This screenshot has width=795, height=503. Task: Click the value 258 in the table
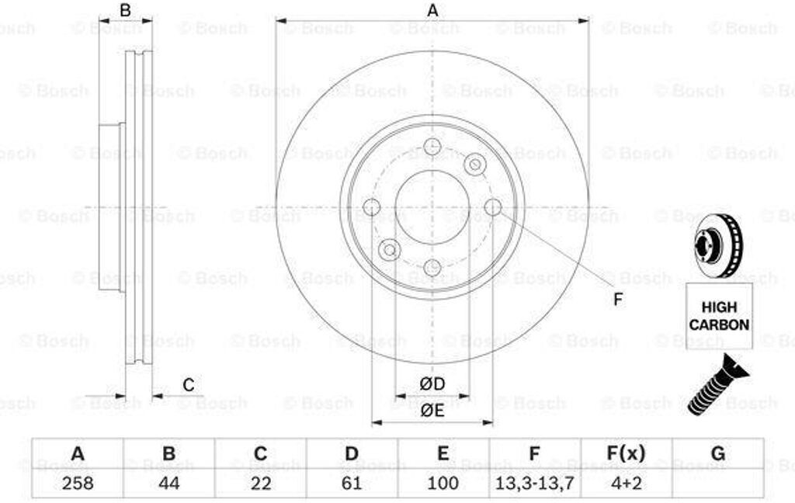[78, 483]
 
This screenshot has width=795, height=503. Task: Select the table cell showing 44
[168, 483]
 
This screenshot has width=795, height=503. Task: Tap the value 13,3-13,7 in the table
[534, 483]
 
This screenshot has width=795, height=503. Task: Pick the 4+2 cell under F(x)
[627, 483]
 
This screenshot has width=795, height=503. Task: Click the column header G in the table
[718, 453]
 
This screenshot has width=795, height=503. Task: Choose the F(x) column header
[627, 453]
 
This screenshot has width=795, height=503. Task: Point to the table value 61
[352, 483]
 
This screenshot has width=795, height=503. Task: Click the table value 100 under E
[443, 483]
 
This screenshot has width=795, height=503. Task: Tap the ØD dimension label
[432, 383]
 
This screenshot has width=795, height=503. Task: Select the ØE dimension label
[432, 410]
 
